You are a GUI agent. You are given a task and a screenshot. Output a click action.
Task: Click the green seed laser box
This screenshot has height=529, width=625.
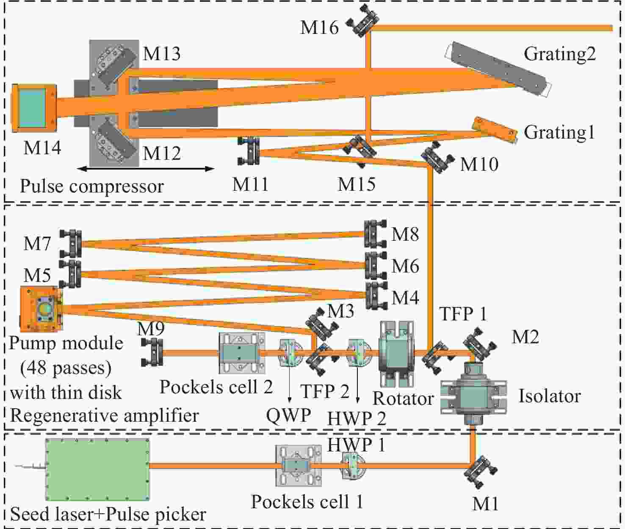click(x=97, y=470)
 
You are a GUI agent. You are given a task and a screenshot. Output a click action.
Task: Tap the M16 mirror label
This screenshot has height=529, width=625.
click(x=319, y=28)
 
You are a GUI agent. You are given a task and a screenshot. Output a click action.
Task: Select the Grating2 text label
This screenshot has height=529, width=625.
click(x=560, y=54)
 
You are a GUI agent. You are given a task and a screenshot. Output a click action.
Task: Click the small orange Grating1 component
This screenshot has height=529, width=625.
click(x=495, y=130)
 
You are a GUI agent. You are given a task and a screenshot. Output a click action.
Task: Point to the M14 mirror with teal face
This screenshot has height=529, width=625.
click(x=34, y=108)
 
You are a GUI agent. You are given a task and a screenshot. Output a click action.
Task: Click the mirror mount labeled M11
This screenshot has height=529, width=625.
click(x=249, y=151)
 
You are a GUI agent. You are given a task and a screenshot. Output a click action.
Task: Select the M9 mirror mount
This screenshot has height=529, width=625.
click(x=153, y=353)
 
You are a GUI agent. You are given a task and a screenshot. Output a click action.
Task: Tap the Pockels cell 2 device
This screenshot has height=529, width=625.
click(x=242, y=353)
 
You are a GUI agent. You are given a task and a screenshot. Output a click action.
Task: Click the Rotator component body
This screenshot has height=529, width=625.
click(x=397, y=354)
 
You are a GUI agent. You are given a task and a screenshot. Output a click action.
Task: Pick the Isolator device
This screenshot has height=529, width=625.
click(x=473, y=393)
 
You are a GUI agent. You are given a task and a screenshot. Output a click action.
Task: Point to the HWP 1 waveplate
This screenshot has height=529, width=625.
click(x=353, y=466)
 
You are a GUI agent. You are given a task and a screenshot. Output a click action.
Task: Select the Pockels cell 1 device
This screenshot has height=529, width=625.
click(x=298, y=465)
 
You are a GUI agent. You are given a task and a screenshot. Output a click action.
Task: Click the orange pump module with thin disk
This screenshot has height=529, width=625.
click(x=41, y=309)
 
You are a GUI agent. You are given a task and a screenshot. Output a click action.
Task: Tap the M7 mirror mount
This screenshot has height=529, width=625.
click(x=71, y=244)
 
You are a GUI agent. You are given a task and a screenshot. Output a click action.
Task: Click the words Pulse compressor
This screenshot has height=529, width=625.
click(x=92, y=186)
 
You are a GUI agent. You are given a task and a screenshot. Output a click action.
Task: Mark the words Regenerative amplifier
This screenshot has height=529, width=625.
click(x=104, y=415)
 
